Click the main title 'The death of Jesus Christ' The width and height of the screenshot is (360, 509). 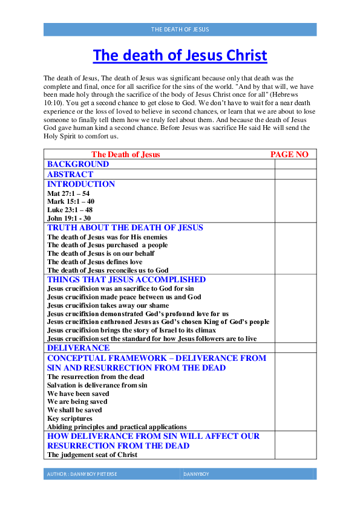tap(180, 56)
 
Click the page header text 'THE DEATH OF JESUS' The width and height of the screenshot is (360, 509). tap(180, 29)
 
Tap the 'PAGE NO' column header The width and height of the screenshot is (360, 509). tap(289, 155)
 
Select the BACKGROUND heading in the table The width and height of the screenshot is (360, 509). tap(78, 164)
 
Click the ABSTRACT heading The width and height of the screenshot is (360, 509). tap(70, 174)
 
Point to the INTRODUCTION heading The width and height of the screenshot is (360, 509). tap(81, 184)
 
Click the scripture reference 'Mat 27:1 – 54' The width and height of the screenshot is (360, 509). tap(68, 193)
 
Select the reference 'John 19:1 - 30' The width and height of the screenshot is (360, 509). tap(69, 218)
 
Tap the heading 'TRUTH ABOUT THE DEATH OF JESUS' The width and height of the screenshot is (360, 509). tap(125, 228)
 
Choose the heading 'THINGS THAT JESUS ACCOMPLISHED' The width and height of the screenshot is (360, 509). tap(126, 280)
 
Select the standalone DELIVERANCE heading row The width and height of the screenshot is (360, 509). tap(79, 348)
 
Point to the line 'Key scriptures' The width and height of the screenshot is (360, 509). tap(70, 418)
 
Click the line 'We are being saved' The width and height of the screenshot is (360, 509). tap(77, 401)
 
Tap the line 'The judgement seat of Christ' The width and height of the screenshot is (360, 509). tap(92, 455)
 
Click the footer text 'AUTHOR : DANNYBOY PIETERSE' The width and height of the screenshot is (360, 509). tap(82, 475)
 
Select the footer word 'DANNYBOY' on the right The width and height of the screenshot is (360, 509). tap(197, 475)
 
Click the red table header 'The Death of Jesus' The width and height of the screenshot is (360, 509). tap(126, 155)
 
